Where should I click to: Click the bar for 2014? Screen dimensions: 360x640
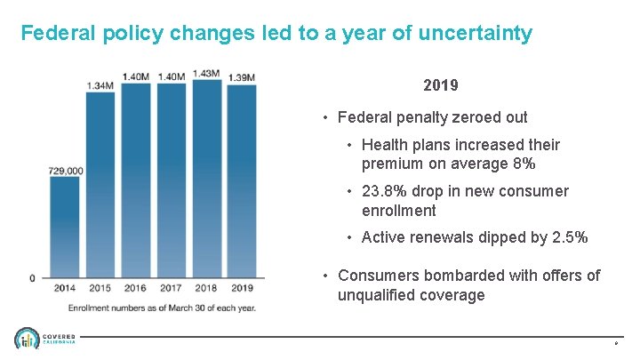(x=64, y=227)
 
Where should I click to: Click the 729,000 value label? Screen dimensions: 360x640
(x=66, y=170)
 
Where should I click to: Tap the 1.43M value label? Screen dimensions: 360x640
(x=205, y=74)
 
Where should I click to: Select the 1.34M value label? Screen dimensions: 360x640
(x=100, y=85)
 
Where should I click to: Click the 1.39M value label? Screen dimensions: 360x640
(x=241, y=77)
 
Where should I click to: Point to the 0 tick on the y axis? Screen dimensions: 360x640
(x=33, y=278)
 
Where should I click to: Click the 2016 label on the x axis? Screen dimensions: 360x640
(x=135, y=288)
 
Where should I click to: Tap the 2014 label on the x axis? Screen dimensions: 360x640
(x=64, y=288)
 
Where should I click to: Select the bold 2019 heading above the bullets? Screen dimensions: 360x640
(x=441, y=86)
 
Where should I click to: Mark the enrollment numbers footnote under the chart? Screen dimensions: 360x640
(x=162, y=308)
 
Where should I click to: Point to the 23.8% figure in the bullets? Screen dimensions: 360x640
(x=387, y=191)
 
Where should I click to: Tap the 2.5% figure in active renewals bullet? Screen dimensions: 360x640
(x=569, y=237)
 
